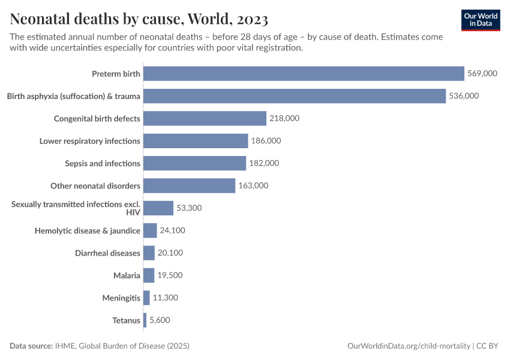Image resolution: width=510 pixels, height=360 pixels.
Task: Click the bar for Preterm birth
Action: tap(304, 74)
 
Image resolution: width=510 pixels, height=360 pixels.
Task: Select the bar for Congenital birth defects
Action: tap(205, 118)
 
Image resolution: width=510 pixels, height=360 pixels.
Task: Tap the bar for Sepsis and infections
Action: tap(194, 163)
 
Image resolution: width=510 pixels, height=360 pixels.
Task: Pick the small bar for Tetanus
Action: tap(145, 320)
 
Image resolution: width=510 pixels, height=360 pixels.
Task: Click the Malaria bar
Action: tap(149, 275)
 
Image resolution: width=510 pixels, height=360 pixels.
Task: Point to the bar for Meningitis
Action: tap(146, 298)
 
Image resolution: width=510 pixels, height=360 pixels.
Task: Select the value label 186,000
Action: tap(266, 141)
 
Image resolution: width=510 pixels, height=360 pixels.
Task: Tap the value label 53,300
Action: tap(189, 208)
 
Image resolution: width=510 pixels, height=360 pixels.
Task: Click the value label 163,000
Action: tap(253, 185)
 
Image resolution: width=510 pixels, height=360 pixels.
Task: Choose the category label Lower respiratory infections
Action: tap(90, 141)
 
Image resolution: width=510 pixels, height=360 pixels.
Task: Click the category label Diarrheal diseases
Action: tap(107, 253)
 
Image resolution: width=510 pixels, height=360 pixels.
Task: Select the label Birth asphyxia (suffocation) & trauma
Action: tap(73, 96)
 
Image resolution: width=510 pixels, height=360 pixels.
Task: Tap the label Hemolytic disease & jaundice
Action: tap(88, 230)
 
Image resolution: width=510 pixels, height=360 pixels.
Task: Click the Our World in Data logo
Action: tap(481, 20)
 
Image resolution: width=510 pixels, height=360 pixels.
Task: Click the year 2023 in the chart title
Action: tap(248, 19)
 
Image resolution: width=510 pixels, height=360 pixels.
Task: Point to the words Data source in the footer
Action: tap(31, 346)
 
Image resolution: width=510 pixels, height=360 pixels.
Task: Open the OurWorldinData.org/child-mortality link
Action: tap(409, 346)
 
